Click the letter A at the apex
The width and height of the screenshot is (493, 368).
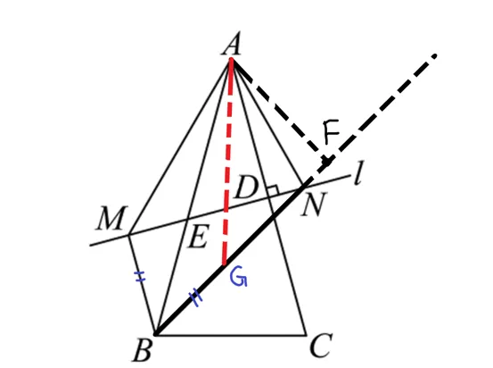(x=232, y=44)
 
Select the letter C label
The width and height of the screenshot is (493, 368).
(x=321, y=346)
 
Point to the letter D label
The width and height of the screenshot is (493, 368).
(x=246, y=187)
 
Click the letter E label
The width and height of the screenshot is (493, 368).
(x=197, y=237)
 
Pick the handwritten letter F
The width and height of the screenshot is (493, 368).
(x=331, y=131)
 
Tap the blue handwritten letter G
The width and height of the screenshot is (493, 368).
(x=239, y=277)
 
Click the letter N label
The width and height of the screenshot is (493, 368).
(x=313, y=205)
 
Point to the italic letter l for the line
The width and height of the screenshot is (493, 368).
(x=358, y=172)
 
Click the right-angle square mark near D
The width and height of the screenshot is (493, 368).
(x=273, y=189)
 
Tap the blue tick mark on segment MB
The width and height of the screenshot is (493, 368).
(x=140, y=276)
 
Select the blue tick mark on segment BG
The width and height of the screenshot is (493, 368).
(x=195, y=297)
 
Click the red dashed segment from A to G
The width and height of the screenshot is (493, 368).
(x=228, y=162)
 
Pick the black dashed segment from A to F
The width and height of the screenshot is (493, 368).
(x=279, y=110)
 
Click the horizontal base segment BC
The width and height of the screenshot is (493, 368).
(x=230, y=334)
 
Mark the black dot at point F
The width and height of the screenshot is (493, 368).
(x=327, y=163)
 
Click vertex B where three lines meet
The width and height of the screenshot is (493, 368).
(x=155, y=334)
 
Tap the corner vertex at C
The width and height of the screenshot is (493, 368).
(x=306, y=334)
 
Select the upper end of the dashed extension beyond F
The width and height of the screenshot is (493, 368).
(x=434, y=56)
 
